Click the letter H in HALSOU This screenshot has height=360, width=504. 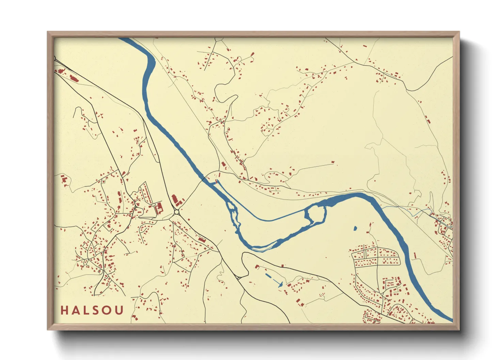(x=64, y=310)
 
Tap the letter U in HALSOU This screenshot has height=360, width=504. (x=119, y=310)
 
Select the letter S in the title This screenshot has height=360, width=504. (x=96, y=310)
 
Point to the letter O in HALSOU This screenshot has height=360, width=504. (x=107, y=310)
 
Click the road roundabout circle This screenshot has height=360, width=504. (x=177, y=212)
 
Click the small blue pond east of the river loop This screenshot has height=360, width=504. (x=355, y=228)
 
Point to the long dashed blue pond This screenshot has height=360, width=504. (x=274, y=279)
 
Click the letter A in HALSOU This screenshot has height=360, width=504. (x=75, y=310)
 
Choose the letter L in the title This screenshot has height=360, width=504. (x=86, y=310)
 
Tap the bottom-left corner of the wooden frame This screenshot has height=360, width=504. (x=48, y=329)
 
